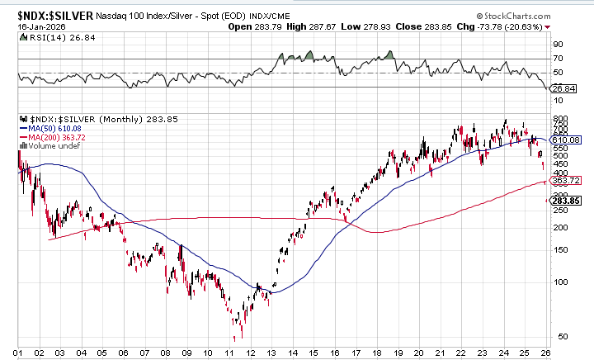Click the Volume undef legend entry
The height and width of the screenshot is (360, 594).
pos(45,146)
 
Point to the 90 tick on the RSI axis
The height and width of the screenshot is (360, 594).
pos(558,44)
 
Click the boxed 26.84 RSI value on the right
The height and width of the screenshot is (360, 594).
pos(563,88)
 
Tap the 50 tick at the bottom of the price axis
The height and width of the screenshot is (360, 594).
pos(558,337)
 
